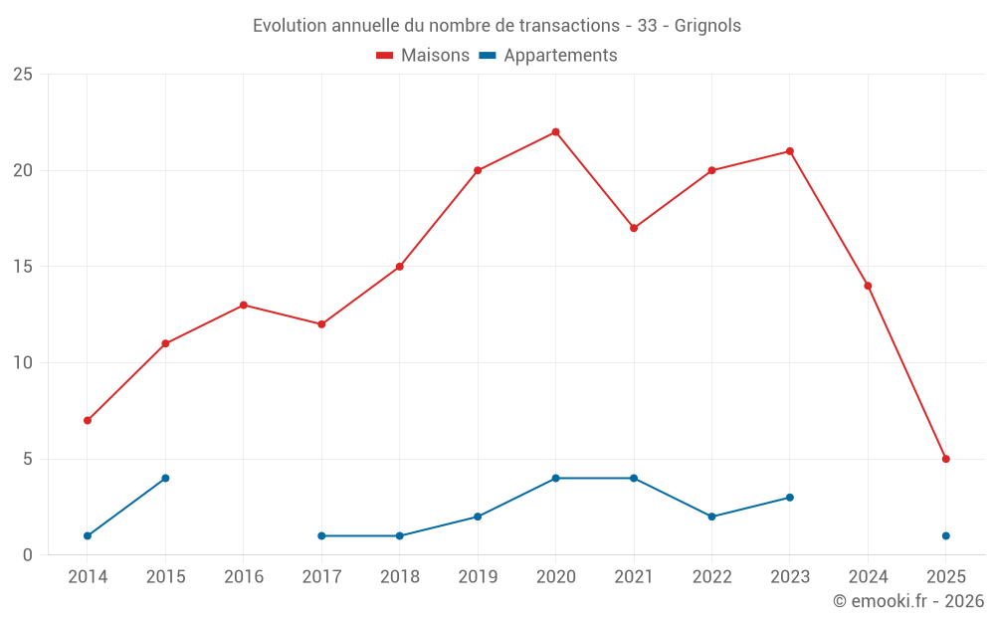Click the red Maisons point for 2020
click(555, 132)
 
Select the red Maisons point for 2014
click(88, 420)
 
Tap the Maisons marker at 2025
click(945, 459)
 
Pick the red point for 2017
click(321, 324)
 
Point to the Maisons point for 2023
click(789, 151)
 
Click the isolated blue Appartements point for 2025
click(945, 535)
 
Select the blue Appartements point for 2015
click(165, 478)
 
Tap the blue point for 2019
click(478, 517)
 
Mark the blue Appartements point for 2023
click(789, 498)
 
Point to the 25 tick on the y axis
click(23, 75)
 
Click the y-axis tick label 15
click(23, 267)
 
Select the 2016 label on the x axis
click(244, 577)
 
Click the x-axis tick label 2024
click(868, 577)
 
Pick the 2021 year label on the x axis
click(634, 577)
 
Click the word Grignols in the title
click(707, 26)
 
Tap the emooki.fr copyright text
click(907, 601)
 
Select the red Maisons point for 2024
click(868, 286)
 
